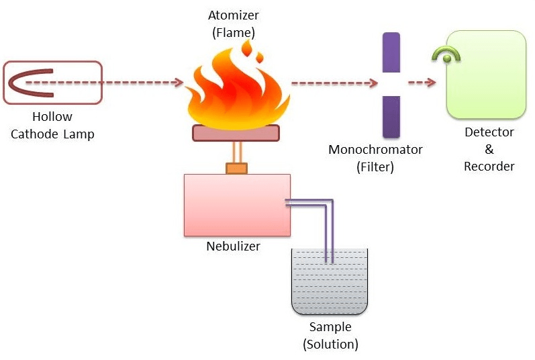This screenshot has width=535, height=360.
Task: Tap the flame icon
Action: tap(236, 91)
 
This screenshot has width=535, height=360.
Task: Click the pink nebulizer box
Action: tap(237, 205)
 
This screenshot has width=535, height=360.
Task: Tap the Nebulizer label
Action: tap(233, 246)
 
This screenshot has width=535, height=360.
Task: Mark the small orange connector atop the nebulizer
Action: tap(236, 168)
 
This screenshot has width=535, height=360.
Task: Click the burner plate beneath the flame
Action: tap(236, 133)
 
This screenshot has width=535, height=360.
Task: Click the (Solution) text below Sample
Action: tap(330, 345)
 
